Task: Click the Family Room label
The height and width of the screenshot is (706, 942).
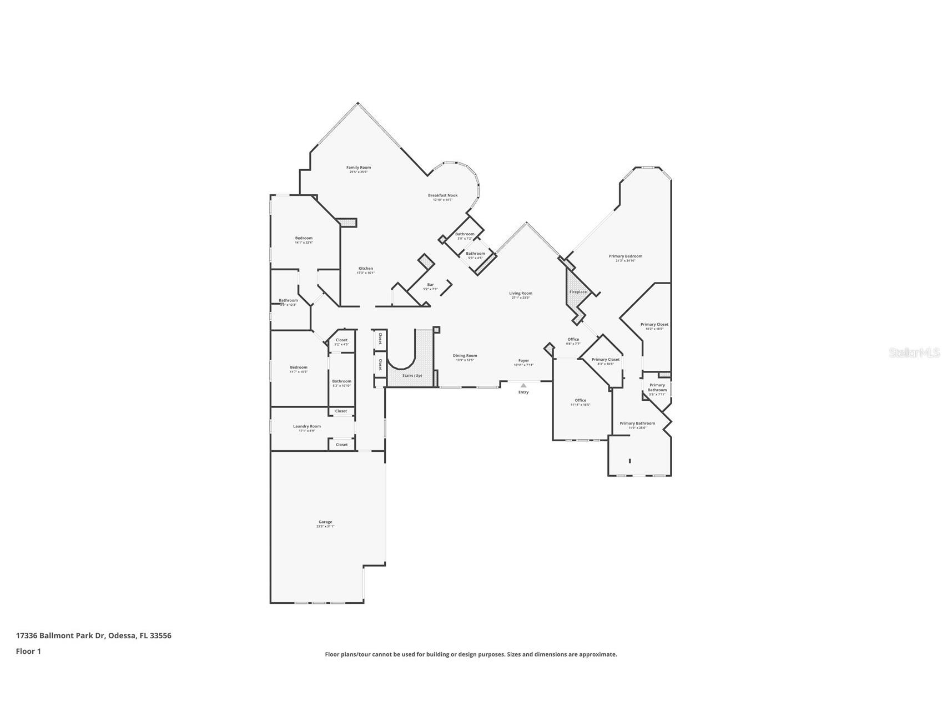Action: click(358, 168)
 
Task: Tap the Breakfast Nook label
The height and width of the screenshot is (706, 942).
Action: click(442, 195)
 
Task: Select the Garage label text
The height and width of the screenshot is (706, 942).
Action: click(325, 522)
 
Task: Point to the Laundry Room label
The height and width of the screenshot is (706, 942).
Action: click(307, 426)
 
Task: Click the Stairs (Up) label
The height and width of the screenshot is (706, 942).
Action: click(412, 376)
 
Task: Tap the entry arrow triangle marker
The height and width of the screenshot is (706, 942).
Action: click(523, 385)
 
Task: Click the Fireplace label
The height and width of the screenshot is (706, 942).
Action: click(578, 292)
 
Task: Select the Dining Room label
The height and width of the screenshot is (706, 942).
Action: click(465, 356)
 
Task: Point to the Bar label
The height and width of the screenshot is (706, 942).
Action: click(430, 285)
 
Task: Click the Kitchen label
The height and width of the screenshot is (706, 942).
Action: click(365, 269)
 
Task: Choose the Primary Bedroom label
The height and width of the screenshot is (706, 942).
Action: click(625, 256)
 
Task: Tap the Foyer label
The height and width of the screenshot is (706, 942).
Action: click(523, 361)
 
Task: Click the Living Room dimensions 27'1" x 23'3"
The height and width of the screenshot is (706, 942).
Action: click(521, 298)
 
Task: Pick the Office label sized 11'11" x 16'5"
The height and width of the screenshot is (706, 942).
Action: click(580, 400)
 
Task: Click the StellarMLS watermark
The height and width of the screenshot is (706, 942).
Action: click(914, 352)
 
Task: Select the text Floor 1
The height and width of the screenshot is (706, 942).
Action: click(28, 651)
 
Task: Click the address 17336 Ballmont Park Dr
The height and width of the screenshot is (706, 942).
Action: click(61, 636)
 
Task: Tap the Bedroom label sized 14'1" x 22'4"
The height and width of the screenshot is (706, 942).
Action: click(304, 238)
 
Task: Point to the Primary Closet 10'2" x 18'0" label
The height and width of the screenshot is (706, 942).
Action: click(654, 325)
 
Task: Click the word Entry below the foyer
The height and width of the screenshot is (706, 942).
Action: click(523, 392)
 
